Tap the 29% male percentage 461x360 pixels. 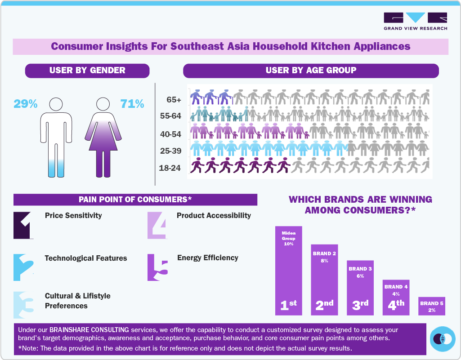26,104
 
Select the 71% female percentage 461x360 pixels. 132,104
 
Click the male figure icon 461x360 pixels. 56,138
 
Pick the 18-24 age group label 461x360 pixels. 170,169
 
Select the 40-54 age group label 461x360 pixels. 170,133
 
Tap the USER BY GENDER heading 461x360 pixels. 87,71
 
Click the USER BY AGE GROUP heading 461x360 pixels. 311,71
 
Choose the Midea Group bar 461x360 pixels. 288,270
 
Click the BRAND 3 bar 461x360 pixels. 360,288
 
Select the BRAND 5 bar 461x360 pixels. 431,306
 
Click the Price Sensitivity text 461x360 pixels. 73,216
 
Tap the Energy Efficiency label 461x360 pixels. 208,258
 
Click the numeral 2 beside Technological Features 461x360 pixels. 23,267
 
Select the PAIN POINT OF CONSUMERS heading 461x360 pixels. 135,200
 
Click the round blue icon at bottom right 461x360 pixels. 443,339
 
